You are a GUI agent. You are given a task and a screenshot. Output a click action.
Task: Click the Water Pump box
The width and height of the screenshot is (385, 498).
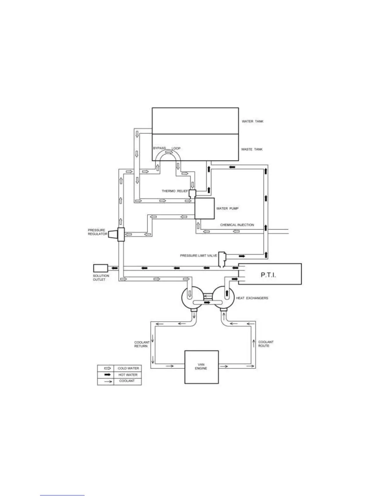pyautogui.click(x=204, y=208)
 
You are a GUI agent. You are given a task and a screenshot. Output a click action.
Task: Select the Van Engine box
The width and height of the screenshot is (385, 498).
pyautogui.click(x=201, y=367)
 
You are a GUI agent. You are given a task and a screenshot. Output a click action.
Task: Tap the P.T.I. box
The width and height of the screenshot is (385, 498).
pyautogui.click(x=270, y=274)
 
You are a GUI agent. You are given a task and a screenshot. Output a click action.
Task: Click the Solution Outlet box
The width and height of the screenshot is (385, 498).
pyautogui.click(x=100, y=268)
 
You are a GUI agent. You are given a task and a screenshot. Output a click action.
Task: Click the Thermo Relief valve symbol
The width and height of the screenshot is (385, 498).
pyautogui.click(x=192, y=193)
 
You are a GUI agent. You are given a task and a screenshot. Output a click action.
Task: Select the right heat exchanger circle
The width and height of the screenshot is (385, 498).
pyautogui.click(x=223, y=298)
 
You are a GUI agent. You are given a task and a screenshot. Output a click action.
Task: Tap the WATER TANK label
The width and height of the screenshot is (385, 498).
pyautogui.click(x=252, y=121)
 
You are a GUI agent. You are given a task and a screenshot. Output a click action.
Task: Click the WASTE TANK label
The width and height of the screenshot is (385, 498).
pyautogui.click(x=252, y=149)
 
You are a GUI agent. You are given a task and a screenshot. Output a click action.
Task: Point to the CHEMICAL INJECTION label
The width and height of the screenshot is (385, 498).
pyautogui.click(x=237, y=225)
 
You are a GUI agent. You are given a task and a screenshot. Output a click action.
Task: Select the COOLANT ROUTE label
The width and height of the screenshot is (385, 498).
pyautogui.click(x=266, y=344)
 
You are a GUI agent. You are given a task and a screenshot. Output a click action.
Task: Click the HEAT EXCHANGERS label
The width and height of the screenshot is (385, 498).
pyautogui.click(x=252, y=298)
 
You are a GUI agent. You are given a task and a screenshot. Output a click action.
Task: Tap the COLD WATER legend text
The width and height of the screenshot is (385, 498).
pyautogui.click(x=128, y=368)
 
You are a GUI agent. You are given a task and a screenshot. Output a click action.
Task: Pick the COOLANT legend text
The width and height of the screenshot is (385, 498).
pyautogui.click(x=127, y=381)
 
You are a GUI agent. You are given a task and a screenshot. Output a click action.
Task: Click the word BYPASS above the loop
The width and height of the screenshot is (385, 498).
pyautogui.click(x=159, y=148)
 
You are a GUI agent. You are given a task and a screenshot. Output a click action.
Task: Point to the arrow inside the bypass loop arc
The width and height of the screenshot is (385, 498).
pyautogui.click(x=169, y=152)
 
